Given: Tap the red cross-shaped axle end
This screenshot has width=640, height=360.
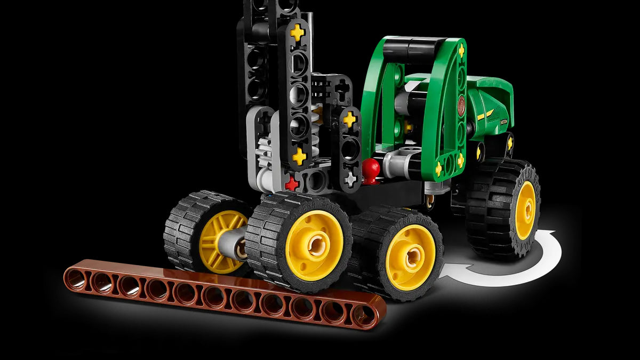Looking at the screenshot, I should pos(291,184).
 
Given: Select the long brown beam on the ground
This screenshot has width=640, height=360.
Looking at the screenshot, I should pos(224,292).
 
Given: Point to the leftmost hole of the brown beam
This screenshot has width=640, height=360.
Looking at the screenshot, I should pos(76,277).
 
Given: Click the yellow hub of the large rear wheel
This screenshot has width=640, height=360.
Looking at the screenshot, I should pos(525,210).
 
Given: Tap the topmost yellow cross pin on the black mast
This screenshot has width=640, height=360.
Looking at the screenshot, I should pos(298,33).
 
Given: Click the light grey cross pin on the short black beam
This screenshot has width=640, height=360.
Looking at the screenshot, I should pos(350,179).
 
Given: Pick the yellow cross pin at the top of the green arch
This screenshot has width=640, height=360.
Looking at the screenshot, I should pos(461,51).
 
